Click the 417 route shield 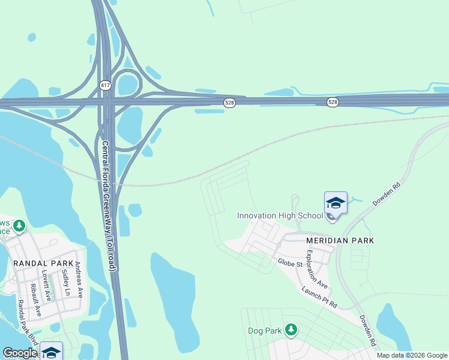106,86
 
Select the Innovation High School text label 280,216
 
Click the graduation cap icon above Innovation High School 336,203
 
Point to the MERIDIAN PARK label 340,241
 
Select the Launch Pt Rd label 319,297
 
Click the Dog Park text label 265,331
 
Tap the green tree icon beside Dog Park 291,329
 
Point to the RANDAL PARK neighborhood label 43,263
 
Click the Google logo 20,353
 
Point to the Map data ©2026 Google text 412,355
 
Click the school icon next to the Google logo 52,352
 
